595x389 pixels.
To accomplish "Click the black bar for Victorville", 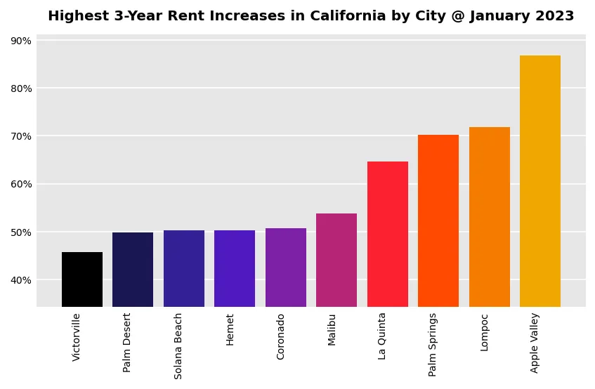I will click(x=82, y=279).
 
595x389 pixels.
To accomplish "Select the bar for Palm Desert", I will click(x=133, y=270).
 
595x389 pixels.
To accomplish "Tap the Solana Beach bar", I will click(x=184, y=268).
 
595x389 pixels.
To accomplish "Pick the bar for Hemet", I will click(x=235, y=268).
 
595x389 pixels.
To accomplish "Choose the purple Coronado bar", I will click(x=286, y=268).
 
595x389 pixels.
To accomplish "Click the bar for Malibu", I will click(x=336, y=260).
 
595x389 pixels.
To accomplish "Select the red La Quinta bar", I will click(x=388, y=234).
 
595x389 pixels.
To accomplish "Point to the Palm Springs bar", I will click(x=438, y=220).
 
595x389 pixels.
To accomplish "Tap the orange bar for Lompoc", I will click(x=490, y=217).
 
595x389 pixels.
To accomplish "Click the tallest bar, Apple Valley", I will click(x=540, y=181).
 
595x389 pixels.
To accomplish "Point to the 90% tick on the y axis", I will click(x=21, y=41).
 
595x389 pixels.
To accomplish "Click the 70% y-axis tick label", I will click(x=21, y=136).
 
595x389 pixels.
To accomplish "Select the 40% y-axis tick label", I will click(x=21, y=280).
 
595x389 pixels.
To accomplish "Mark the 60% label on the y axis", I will click(x=21, y=184).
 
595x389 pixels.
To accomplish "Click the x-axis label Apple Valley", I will click(x=535, y=343).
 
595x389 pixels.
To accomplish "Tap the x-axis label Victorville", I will click(x=77, y=337).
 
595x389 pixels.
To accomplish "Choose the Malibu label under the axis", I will click(x=332, y=329).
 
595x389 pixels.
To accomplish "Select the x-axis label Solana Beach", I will click(x=178, y=345).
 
